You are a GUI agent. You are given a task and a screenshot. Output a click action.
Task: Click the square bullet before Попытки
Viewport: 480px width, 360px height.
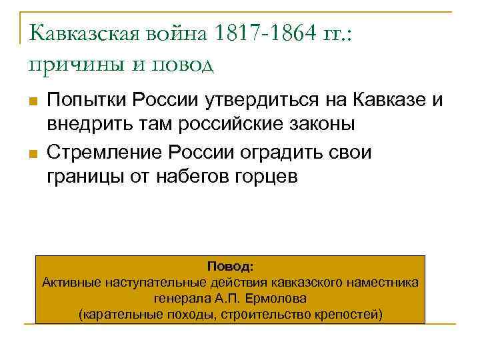[31, 102]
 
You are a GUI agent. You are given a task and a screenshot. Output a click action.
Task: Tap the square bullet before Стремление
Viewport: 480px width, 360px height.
[31, 155]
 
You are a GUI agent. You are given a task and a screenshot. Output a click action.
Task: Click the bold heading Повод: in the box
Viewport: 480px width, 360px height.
[230, 267]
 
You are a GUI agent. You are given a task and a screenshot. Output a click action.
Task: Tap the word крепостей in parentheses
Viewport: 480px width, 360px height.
[350, 314]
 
